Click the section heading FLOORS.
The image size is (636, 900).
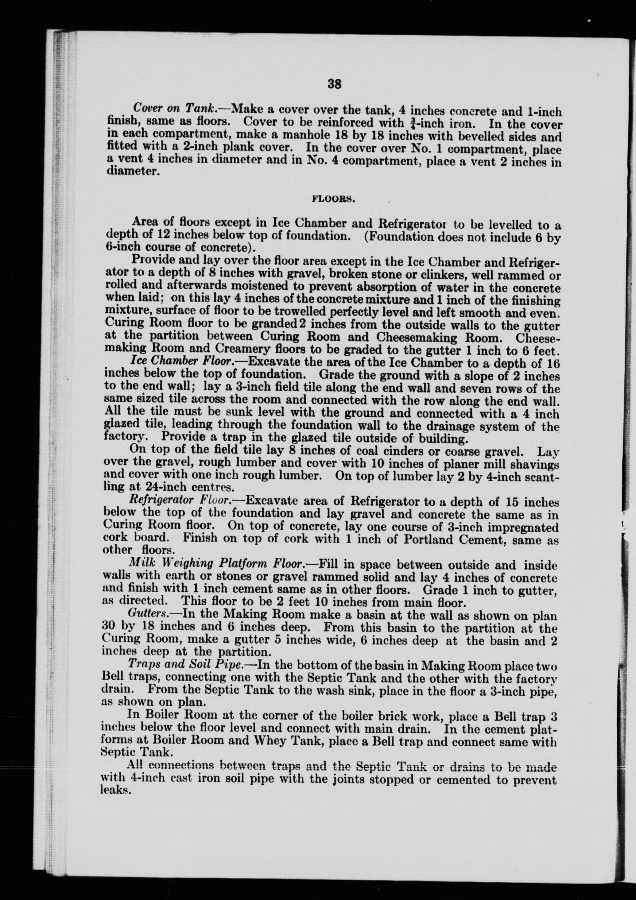click(333, 199)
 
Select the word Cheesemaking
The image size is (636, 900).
click(420, 337)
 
